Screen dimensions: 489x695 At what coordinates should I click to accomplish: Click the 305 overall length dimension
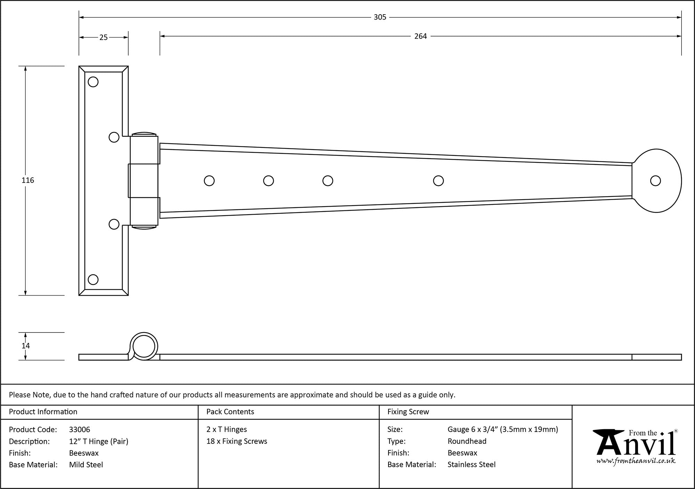pyautogui.click(x=380, y=17)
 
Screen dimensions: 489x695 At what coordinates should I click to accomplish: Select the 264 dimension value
pyautogui.click(x=420, y=36)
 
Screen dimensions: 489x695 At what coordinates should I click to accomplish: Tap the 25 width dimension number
pyautogui.click(x=104, y=38)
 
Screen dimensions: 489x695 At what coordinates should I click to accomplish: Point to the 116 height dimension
pyautogui.click(x=28, y=180)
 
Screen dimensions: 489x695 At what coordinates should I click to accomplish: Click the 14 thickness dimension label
pyautogui.click(x=26, y=346)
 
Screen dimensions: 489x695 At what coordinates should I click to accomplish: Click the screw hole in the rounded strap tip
pyautogui.click(x=655, y=181)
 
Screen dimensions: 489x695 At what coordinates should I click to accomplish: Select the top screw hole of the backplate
pyautogui.click(x=93, y=82)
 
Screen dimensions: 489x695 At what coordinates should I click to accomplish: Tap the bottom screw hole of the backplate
pyautogui.click(x=93, y=279)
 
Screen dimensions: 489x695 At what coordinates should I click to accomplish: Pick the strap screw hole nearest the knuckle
pyautogui.click(x=209, y=181)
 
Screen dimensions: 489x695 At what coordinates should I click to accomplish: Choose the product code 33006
pyautogui.click(x=80, y=430)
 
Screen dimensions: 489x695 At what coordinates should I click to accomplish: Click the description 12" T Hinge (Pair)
pyautogui.click(x=99, y=441)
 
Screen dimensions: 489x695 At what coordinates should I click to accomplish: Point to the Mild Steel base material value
pyautogui.click(x=86, y=465)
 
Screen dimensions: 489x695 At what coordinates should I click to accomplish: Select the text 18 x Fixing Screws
pyautogui.click(x=237, y=441)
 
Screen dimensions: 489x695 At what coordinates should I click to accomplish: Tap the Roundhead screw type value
pyautogui.click(x=467, y=441)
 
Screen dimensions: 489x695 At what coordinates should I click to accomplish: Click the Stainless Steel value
pyautogui.click(x=471, y=465)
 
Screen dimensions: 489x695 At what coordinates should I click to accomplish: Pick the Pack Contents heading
pyautogui.click(x=230, y=412)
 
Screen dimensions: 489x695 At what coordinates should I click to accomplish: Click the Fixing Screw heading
pyautogui.click(x=408, y=412)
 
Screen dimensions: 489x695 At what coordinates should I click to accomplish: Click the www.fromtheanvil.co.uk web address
pyautogui.click(x=636, y=461)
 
